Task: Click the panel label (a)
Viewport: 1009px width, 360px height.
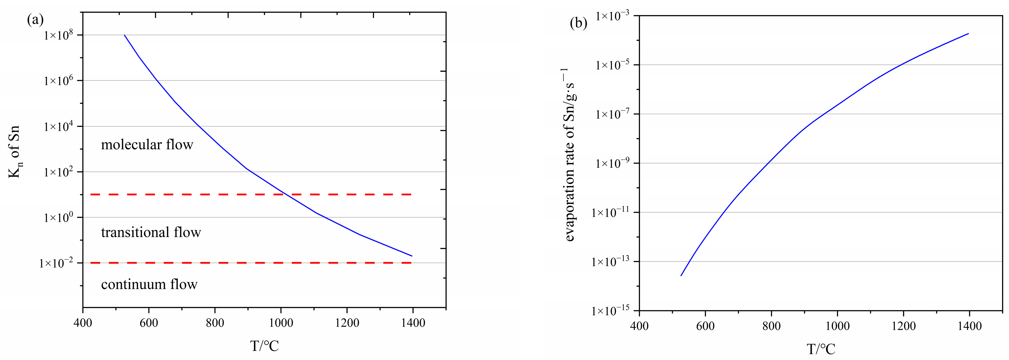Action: (35, 20)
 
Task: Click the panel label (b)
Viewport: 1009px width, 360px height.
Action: (579, 24)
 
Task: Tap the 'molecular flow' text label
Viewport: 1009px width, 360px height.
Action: (147, 145)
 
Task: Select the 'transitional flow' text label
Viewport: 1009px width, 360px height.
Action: (151, 232)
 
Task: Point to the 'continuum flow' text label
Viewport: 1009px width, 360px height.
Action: (149, 284)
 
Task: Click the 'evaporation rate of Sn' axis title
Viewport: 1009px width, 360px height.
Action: (570, 155)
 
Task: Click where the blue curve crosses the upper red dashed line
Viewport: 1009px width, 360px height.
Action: (285, 194)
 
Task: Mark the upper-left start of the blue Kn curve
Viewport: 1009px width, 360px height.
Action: (125, 35)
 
